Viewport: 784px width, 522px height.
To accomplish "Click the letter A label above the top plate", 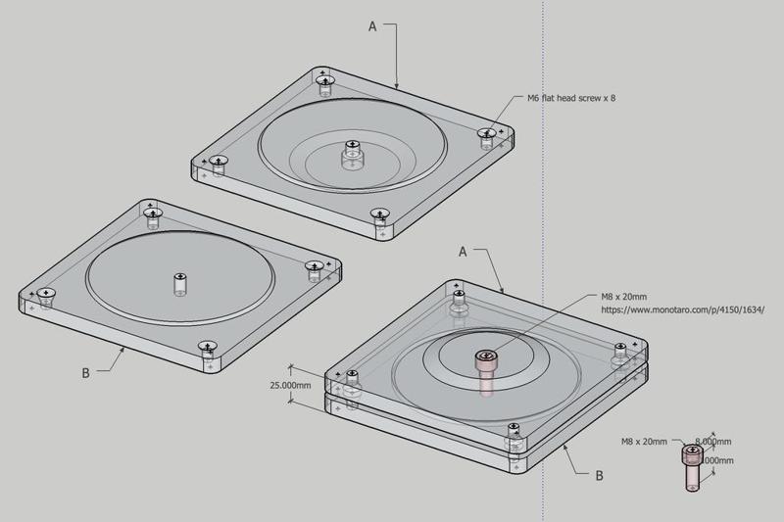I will point(372,27).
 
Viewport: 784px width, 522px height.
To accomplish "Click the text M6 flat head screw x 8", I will point(571,99).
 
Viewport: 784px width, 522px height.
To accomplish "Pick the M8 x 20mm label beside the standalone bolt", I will point(644,443).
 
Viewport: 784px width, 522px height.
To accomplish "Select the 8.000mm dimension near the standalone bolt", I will point(710,442).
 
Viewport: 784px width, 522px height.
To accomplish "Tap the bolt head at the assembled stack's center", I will point(485,358).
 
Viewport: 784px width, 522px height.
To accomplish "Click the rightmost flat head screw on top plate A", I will point(486,132).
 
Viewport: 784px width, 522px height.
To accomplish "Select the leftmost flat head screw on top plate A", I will point(219,160).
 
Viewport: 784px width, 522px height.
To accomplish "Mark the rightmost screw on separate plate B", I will point(314,265).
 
